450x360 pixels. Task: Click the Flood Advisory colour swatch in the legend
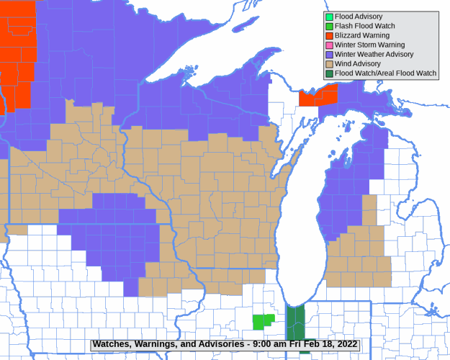click(329, 17)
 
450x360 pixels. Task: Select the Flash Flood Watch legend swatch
click(329, 26)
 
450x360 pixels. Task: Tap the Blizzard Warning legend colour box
click(329, 35)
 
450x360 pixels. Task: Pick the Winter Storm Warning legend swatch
click(329, 45)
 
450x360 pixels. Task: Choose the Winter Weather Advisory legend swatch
click(329, 54)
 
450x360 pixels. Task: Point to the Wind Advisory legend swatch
click(329, 63)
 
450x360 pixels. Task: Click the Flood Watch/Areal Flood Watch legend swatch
click(329, 73)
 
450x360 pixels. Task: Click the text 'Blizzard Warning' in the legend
click(362, 35)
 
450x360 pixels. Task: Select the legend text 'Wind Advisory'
click(358, 63)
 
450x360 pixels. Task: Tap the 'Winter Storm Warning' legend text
click(369, 45)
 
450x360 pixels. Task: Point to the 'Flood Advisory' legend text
click(359, 17)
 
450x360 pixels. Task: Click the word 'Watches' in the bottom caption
click(112, 344)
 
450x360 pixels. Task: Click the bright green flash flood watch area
click(263, 321)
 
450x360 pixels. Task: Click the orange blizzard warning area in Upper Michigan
click(318, 96)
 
